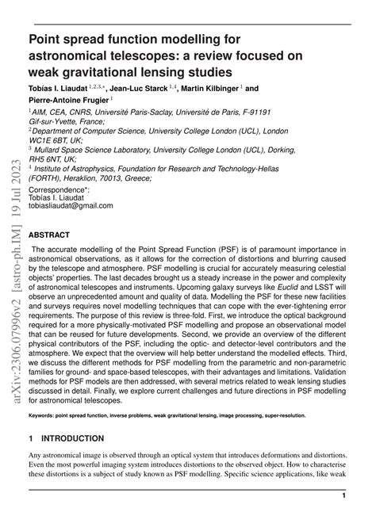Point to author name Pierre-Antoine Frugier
(x=67, y=101)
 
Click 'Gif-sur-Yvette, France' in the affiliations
(x=65, y=123)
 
